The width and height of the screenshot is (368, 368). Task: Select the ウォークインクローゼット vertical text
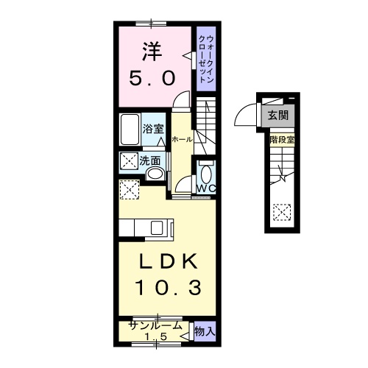tap(209, 59)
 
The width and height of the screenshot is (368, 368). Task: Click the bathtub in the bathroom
tap(130, 131)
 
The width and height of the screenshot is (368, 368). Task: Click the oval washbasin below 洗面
tap(155, 174)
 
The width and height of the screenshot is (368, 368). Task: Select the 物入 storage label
tap(204, 332)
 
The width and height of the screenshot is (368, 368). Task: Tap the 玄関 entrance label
tap(278, 115)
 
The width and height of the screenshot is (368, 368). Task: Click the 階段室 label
tap(282, 138)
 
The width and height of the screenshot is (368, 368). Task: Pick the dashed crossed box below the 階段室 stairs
tap(281, 212)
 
